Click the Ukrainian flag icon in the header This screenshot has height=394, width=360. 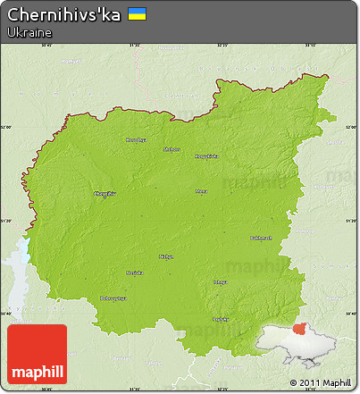click(x=138, y=14)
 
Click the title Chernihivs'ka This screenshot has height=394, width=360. click(x=63, y=14)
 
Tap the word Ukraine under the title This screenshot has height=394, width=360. click(x=28, y=32)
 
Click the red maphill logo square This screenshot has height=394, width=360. click(x=37, y=354)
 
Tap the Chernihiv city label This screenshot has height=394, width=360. click(x=104, y=194)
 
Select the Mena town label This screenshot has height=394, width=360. click(x=202, y=190)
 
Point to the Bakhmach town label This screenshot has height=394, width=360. click(x=261, y=238)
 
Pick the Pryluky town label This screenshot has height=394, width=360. click(x=220, y=318)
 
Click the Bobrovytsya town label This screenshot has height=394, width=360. click(x=113, y=298)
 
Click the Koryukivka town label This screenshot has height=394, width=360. click(x=206, y=156)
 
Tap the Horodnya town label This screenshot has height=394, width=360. click(x=135, y=139)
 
